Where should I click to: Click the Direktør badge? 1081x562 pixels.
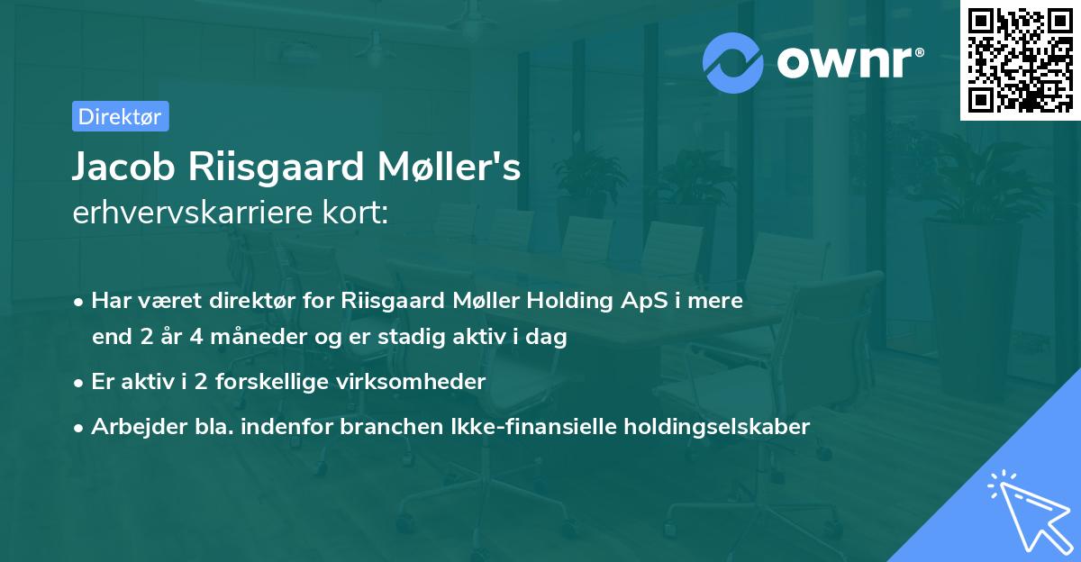[120, 116]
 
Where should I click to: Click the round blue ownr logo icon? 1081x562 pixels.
[733, 62]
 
